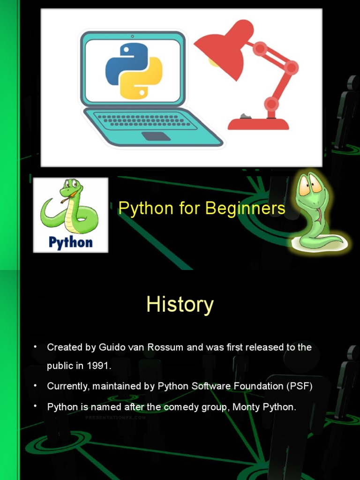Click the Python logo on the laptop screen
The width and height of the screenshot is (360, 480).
[x=134, y=71]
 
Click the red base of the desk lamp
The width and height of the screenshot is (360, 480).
[x=258, y=124]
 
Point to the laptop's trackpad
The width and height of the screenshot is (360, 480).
[x=156, y=136]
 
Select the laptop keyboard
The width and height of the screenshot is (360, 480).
[x=146, y=120]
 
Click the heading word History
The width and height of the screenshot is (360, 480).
[x=180, y=305]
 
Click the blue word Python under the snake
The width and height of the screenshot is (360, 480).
[x=71, y=242]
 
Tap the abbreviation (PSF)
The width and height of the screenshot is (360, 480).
[x=299, y=386]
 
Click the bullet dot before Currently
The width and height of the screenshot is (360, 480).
[x=35, y=386]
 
